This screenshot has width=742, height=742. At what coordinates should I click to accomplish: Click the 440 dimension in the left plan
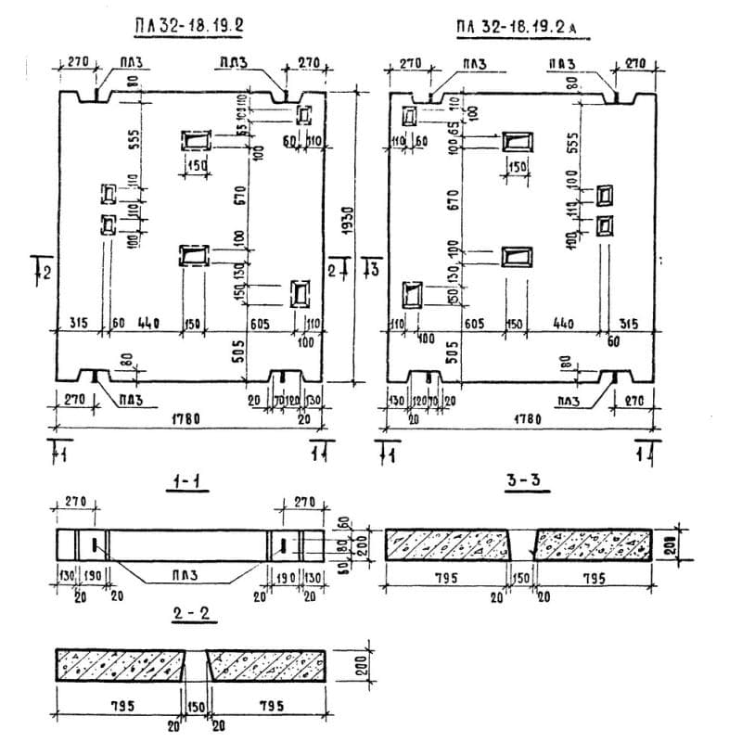click(148, 323)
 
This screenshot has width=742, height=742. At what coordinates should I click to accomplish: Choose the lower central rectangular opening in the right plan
click(516, 257)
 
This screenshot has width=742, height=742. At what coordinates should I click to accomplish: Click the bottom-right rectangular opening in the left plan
click(301, 293)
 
